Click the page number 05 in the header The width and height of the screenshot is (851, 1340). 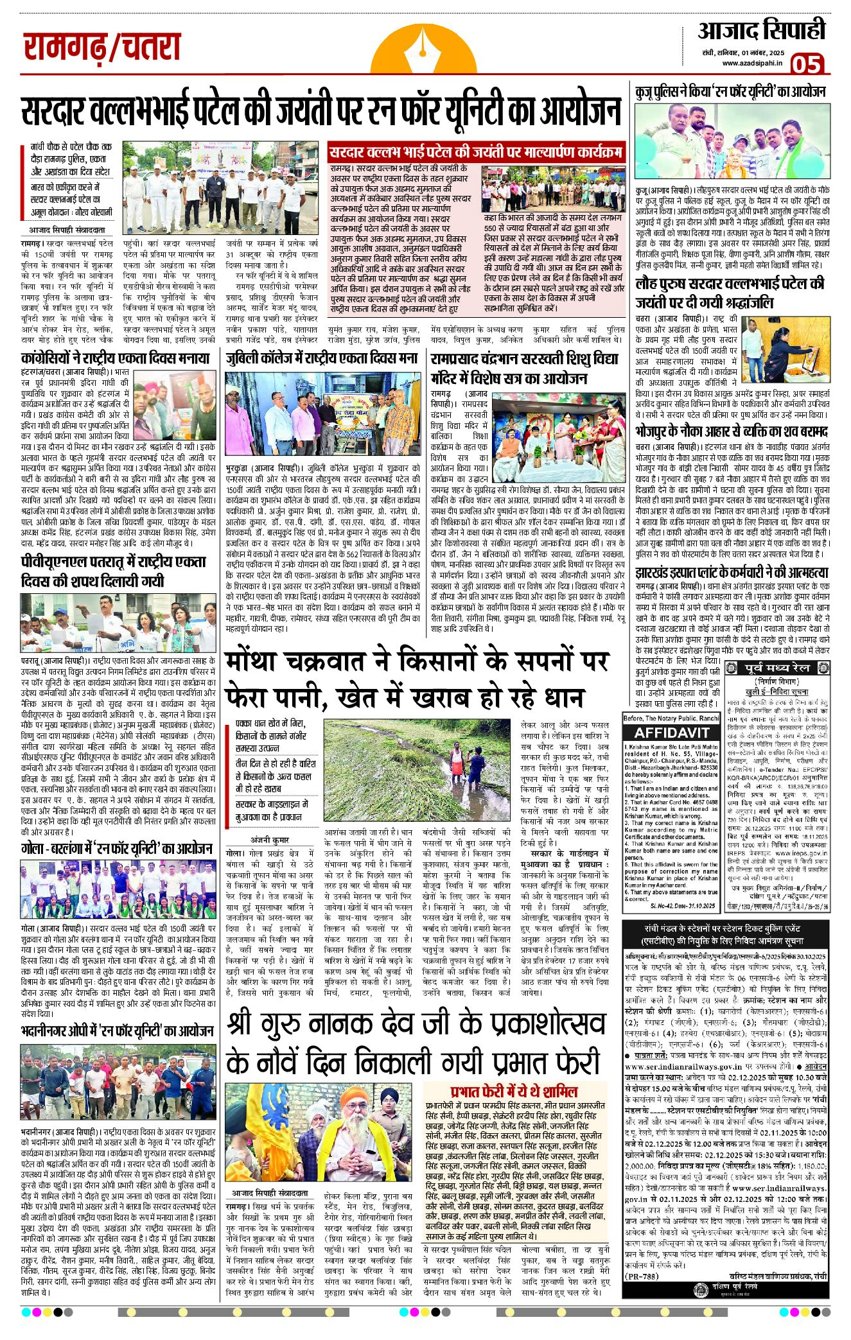(805, 64)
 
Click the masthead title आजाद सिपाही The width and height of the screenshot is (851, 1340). (761, 31)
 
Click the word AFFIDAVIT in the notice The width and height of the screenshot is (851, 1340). (671, 733)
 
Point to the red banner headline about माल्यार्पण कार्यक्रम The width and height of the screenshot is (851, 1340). (475, 153)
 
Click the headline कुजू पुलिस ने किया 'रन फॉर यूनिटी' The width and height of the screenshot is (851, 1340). (730, 92)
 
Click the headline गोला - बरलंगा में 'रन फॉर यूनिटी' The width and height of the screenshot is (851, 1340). (117, 849)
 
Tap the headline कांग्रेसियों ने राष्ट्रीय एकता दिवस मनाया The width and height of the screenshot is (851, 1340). (116, 358)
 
